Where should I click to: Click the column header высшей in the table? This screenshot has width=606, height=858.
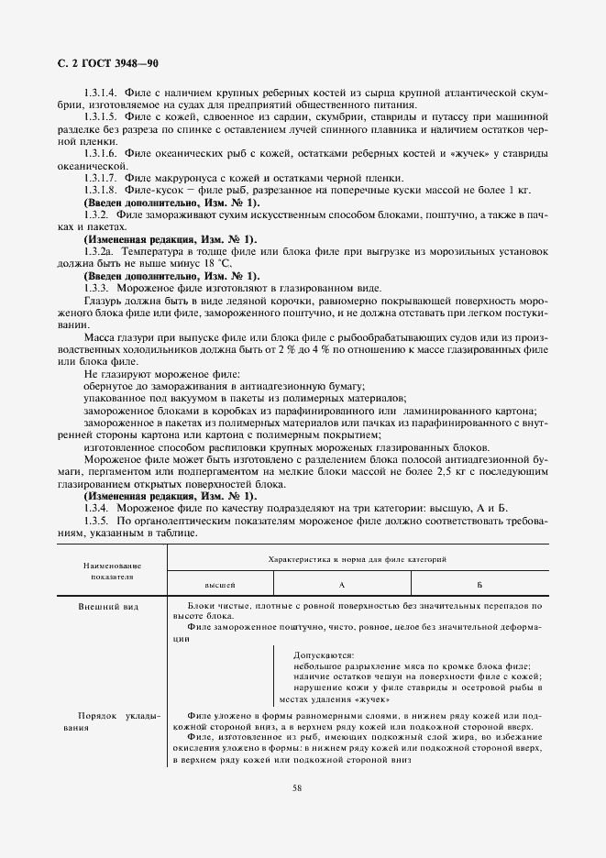220,584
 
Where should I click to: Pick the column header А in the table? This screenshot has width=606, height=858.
341,584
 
